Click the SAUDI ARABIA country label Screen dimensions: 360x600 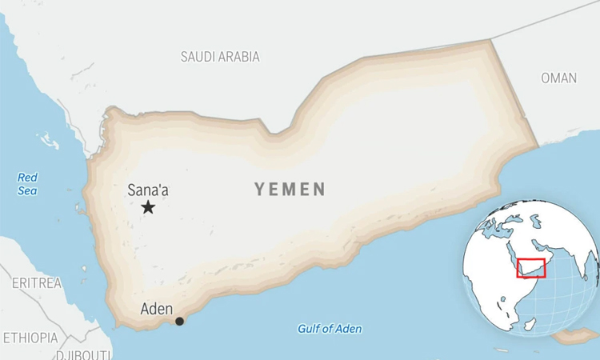(x=220, y=57)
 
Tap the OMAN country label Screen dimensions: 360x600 (x=558, y=78)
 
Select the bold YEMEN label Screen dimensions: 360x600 (x=290, y=190)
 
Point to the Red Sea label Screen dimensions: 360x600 (x=28, y=184)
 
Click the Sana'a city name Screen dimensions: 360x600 (x=148, y=190)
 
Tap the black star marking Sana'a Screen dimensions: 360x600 (x=148, y=208)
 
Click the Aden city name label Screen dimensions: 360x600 (x=156, y=308)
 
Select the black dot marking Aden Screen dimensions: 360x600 (x=179, y=321)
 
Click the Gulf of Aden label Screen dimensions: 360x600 (x=330, y=329)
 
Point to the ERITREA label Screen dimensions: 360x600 (x=37, y=283)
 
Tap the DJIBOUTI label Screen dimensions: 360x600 (x=83, y=354)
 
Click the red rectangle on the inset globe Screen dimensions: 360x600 (x=531, y=268)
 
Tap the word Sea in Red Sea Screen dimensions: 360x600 (x=28, y=191)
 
